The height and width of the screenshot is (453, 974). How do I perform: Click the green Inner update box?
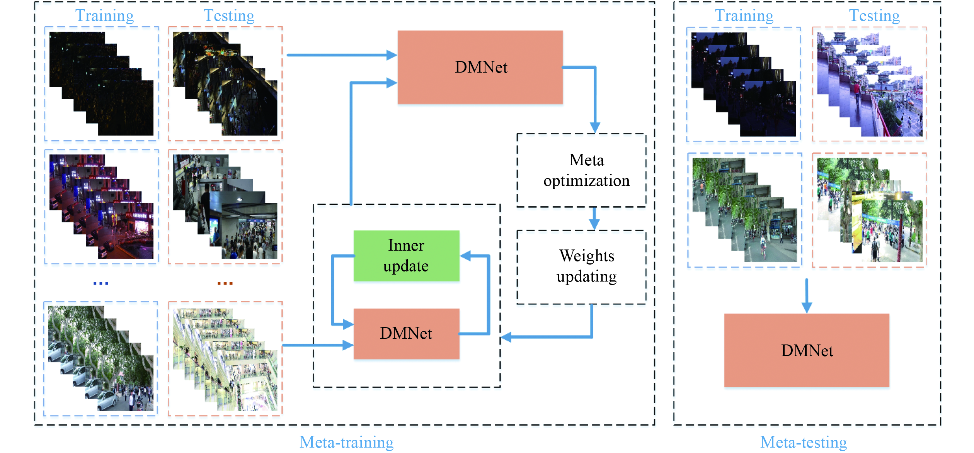click(406, 256)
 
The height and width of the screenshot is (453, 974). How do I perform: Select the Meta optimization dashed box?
click(581, 170)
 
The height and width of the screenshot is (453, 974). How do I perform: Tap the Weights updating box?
click(581, 267)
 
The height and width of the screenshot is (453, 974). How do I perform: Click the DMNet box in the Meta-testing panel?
click(807, 350)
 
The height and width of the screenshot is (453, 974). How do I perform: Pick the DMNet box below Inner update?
click(406, 334)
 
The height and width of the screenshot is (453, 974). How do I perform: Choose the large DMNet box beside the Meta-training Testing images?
click(480, 67)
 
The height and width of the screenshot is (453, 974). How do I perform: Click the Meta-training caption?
click(346, 442)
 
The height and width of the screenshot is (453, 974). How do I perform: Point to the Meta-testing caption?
click(803, 442)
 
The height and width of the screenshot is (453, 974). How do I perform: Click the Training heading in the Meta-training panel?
click(104, 15)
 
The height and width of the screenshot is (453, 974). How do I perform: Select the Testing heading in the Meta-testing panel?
click(874, 15)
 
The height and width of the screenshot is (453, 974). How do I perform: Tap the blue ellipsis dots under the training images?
click(100, 283)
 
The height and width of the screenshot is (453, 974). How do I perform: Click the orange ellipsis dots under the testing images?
click(225, 283)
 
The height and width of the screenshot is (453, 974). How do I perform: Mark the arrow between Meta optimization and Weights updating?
click(594, 219)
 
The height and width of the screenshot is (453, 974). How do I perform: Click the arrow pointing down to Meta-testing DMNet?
click(807, 295)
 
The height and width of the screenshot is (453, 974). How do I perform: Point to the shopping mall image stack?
click(225, 359)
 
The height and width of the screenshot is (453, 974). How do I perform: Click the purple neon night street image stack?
click(101, 207)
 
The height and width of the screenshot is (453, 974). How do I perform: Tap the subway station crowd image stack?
click(225, 207)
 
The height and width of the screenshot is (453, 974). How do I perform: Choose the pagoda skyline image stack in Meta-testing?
click(870, 84)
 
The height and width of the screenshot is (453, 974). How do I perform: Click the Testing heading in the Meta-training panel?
click(229, 15)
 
